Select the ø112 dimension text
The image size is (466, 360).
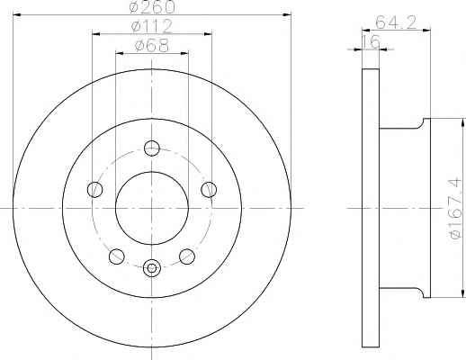click(x=152, y=26)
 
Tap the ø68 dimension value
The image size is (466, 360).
click(x=152, y=45)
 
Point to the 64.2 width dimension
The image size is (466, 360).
click(x=396, y=22)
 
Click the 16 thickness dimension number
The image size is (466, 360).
click(x=371, y=41)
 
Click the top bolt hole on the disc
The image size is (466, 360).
click(x=152, y=148)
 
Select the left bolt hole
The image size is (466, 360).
click(x=94, y=190)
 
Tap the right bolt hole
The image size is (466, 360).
click(x=209, y=190)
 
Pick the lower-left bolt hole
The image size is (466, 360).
click(x=117, y=256)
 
